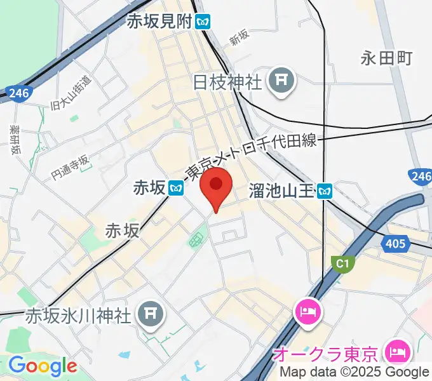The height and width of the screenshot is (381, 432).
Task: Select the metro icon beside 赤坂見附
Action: pyautogui.click(x=203, y=21)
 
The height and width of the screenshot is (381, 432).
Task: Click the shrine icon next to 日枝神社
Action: pyautogui.click(x=280, y=81)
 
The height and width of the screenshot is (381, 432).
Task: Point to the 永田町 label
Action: pyautogui.click(x=387, y=59)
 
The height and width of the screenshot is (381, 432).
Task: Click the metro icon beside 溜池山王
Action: pyautogui.click(x=326, y=189)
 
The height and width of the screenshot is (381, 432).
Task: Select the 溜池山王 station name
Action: pyautogui.click(x=281, y=189)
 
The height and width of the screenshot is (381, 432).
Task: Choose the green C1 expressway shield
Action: pyautogui.click(x=342, y=262)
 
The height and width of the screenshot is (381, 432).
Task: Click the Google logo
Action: pyautogui.click(x=42, y=366)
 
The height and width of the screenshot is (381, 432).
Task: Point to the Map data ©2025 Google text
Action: pyautogui.click(x=354, y=373)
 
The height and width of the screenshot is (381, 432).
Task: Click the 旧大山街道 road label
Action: pyautogui.click(x=71, y=93)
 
